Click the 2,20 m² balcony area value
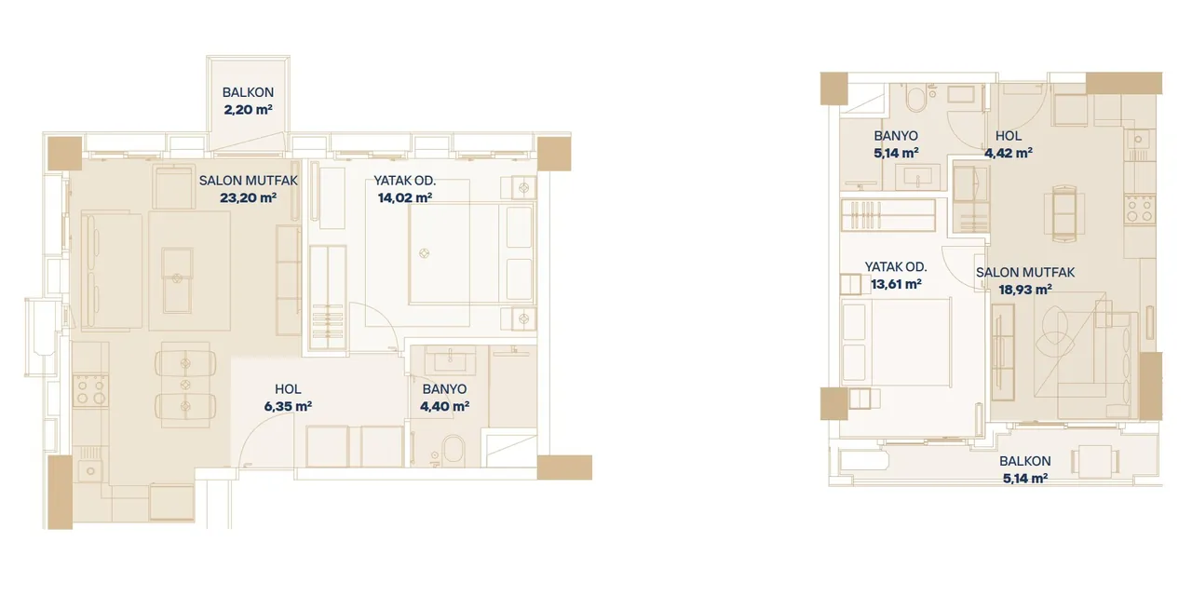[x=248, y=110]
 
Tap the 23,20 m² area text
[x=248, y=198]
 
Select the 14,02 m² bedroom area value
[x=405, y=198]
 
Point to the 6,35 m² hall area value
[x=288, y=407]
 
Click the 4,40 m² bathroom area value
[x=444, y=407]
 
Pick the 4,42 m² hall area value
[x=1009, y=154]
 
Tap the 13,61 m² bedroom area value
[x=896, y=284]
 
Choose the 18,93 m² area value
[x=1025, y=290]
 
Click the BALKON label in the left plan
[x=248, y=92]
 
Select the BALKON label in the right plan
[x=1025, y=461]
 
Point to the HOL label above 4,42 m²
[x=1009, y=136]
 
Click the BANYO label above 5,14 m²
[x=896, y=136]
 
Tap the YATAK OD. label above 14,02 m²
[x=405, y=181]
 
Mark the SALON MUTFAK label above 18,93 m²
[x=1025, y=273]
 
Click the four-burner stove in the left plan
[x=90, y=391]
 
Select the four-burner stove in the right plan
[x=1139, y=210]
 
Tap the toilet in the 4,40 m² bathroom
[x=453, y=450]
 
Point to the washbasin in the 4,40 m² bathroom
[x=450, y=362]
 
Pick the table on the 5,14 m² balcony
[x=1095, y=461]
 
